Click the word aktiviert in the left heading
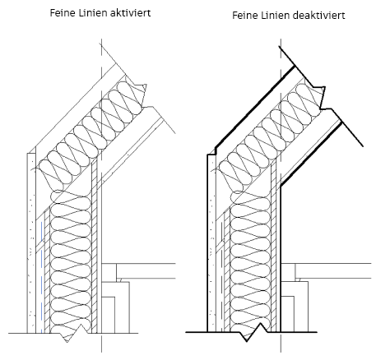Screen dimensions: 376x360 coord(130,13)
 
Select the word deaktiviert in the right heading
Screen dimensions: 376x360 coord(318,16)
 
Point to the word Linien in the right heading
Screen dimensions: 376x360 coord(275,16)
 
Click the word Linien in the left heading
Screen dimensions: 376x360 coord(93,13)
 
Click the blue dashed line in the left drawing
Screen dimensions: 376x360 coord(42,277)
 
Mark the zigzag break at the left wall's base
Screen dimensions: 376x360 coord(73,333)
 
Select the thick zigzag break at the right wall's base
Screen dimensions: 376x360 coord(253,332)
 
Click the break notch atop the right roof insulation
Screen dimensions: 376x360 coord(323,97)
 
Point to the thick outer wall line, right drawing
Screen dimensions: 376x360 coord(207,243)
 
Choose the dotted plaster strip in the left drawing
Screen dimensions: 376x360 coord(31,243)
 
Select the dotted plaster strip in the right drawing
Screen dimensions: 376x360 coord(211,243)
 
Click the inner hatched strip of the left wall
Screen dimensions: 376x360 coord(95,247)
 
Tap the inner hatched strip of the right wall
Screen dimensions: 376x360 coord(274,247)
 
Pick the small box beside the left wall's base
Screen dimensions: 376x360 coord(109,315)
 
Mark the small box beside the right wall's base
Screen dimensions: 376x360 coord(288,314)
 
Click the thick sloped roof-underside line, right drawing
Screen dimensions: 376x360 coord(311,155)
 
